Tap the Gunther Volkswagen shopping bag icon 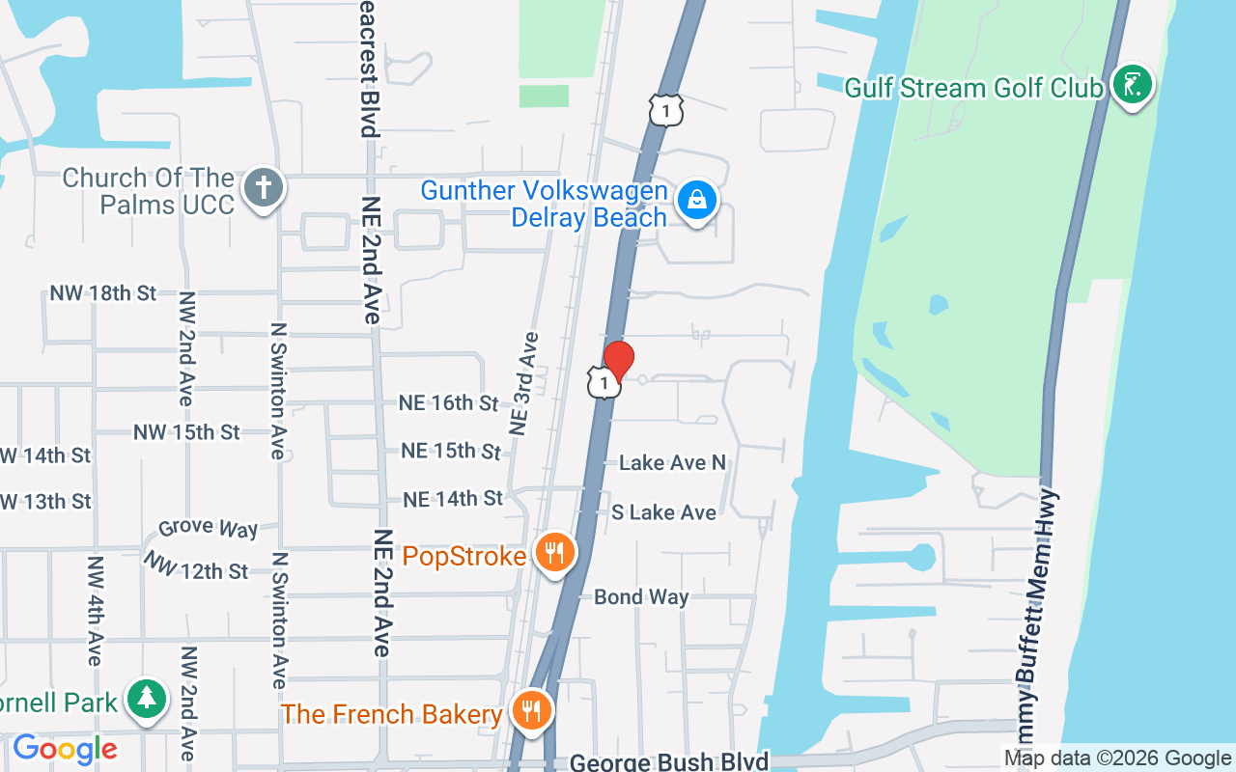pos(695,200)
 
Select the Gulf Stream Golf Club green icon pos(1132,84)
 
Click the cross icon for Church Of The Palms pos(262,187)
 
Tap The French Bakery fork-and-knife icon pos(530,711)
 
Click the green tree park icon pos(148,697)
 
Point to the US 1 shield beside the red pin pos(603,384)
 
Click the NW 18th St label pos(103,293)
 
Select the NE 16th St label pos(448,402)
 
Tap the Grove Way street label pos(209,529)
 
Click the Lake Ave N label pos(672,463)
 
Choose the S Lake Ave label pos(663,512)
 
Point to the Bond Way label pos(641,597)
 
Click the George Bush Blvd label pos(669,762)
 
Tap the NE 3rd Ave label pos(524,382)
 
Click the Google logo pos(65,749)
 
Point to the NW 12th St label pos(198,567)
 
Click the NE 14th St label pos(453,499)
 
